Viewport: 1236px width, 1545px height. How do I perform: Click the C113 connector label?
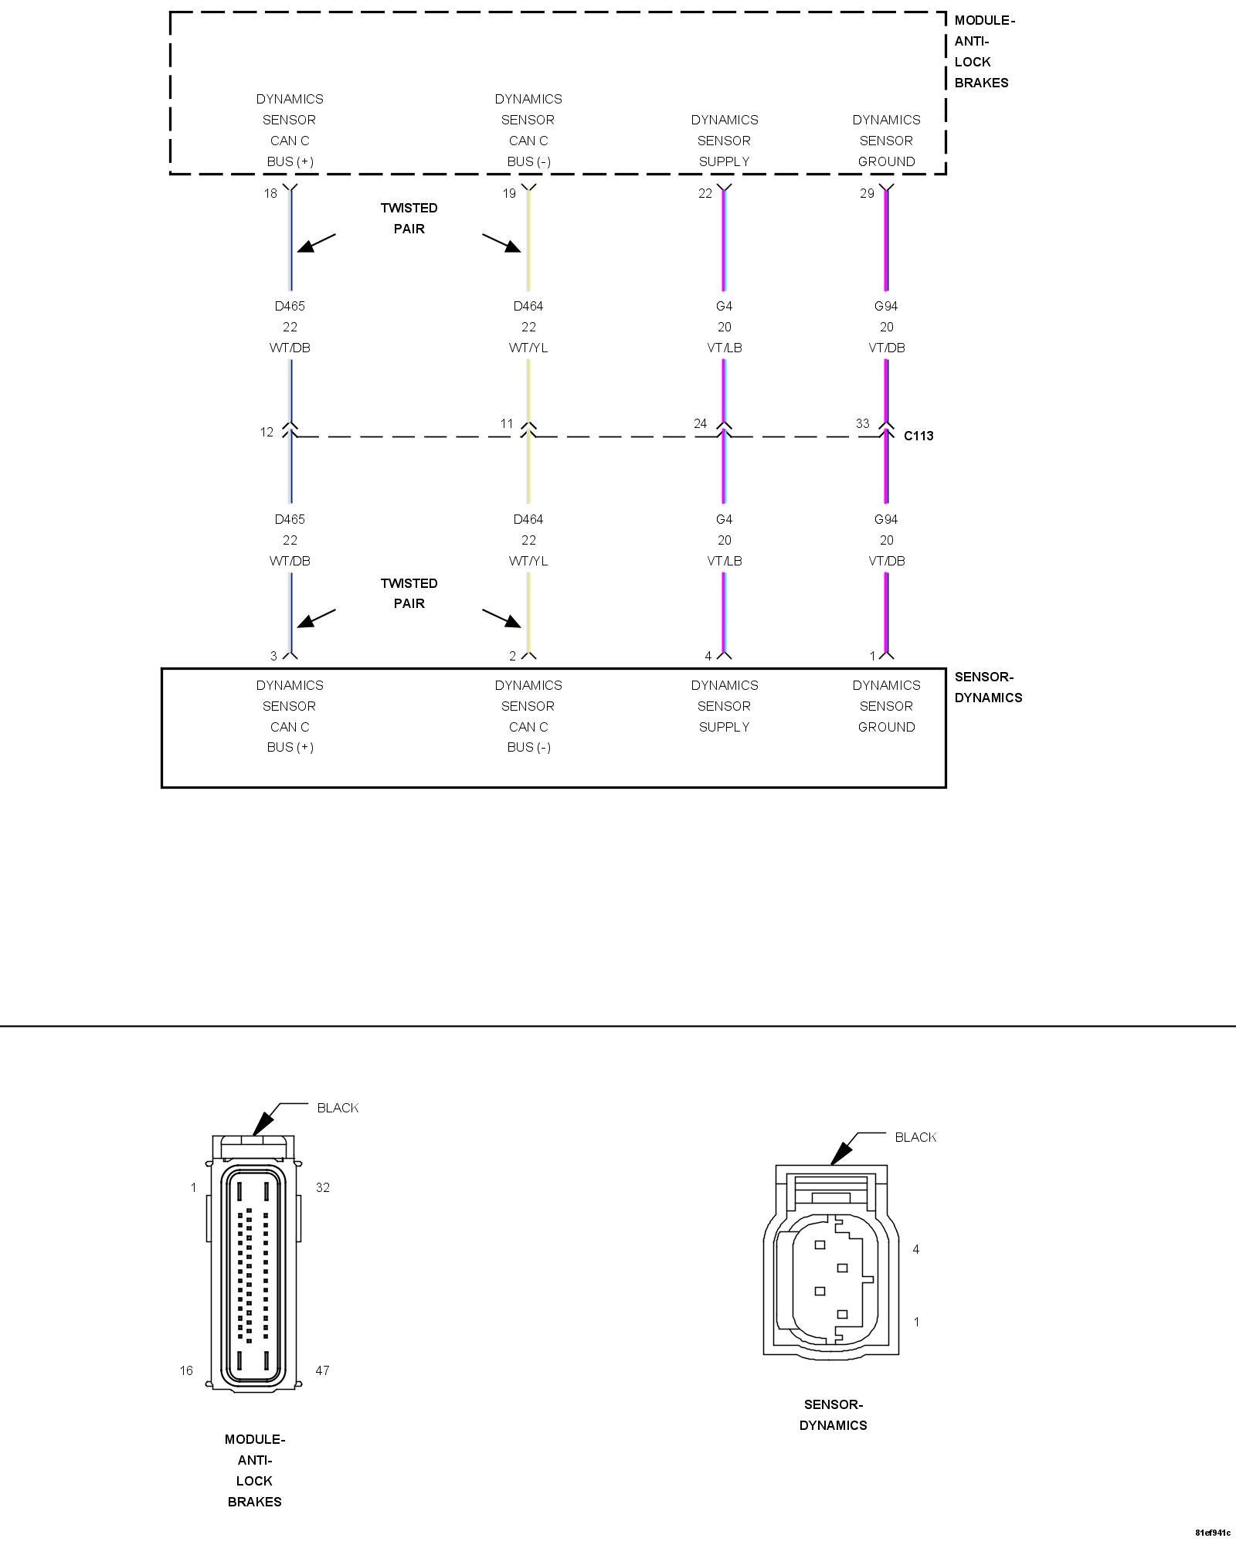(x=919, y=436)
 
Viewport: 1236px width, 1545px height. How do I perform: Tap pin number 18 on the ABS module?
(x=270, y=193)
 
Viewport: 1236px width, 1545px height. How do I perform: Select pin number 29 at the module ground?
(x=867, y=193)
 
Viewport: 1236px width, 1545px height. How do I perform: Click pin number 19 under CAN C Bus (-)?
(x=509, y=193)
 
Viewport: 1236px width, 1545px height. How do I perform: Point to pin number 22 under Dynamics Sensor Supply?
(x=705, y=193)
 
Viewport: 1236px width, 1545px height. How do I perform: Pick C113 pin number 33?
(x=862, y=423)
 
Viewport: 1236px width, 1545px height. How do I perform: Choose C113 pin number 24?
(x=700, y=423)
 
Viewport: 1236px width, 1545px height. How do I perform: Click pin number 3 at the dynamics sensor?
(x=273, y=656)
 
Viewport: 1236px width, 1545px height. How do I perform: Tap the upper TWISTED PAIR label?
(x=409, y=218)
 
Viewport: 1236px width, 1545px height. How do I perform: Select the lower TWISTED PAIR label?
(x=409, y=593)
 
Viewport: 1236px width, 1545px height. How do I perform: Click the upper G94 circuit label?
(x=886, y=306)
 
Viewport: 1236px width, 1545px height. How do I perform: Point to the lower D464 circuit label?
(x=528, y=519)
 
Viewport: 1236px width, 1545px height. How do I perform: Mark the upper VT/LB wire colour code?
(x=724, y=348)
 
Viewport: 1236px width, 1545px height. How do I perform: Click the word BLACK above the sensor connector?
(x=915, y=1137)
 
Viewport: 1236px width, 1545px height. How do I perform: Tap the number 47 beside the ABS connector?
(x=322, y=1370)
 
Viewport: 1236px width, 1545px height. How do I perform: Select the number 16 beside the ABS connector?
(x=186, y=1370)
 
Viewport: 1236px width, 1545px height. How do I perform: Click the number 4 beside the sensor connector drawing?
(x=916, y=1249)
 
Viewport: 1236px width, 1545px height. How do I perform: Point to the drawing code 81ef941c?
(x=1212, y=1533)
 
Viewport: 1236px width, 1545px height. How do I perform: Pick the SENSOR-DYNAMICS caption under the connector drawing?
(x=833, y=1414)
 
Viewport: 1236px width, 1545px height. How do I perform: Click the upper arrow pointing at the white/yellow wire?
(x=502, y=243)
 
